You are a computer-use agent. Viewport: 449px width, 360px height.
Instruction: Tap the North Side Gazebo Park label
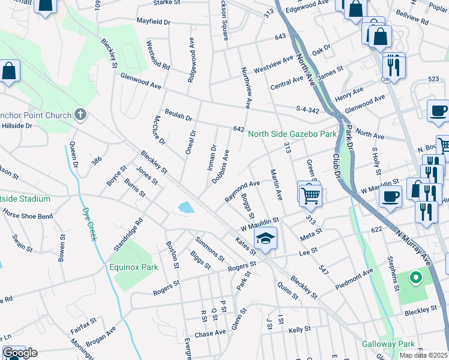tap(292, 134)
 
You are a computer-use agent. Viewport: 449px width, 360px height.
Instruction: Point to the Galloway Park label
tap(388, 344)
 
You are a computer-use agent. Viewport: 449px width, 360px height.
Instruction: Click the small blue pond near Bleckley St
tap(186, 208)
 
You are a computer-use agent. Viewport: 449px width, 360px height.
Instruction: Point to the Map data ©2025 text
tap(423, 355)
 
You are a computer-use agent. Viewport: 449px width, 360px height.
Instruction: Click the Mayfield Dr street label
tap(154, 20)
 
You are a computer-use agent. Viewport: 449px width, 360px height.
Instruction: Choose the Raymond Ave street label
tap(242, 191)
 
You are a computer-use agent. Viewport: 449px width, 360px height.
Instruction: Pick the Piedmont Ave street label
tap(354, 275)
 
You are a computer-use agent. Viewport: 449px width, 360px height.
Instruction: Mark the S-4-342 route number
tap(310, 109)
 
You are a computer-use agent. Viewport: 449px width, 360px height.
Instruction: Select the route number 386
tap(95, 161)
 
